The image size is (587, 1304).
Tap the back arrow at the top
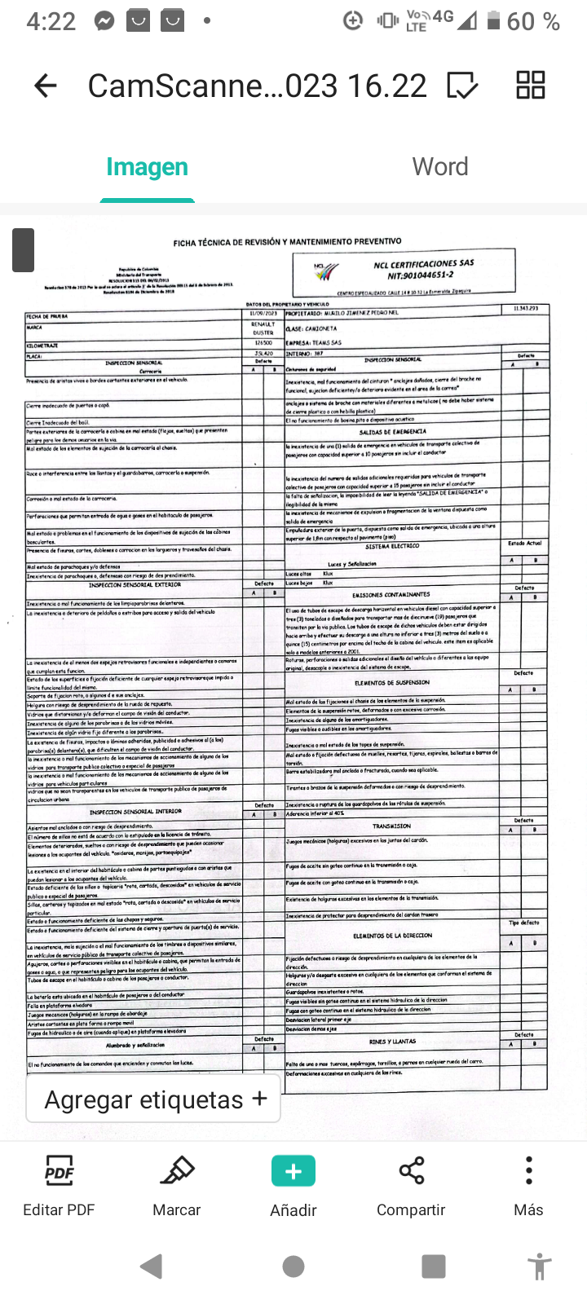pos(46,86)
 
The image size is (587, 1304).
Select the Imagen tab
pos(147,167)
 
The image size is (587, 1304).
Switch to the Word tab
pos(440,167)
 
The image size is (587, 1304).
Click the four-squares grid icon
pos(531,85)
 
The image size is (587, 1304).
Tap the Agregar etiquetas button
pos(155,1099)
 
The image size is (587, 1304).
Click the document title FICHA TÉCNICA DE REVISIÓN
pos(287,242)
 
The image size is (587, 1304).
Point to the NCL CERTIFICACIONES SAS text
pos(423,264)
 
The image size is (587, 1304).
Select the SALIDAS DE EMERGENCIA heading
pos(392,432)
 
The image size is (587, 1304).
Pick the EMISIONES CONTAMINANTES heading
pos(391,595)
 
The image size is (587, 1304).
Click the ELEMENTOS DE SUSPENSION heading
pos(391,683)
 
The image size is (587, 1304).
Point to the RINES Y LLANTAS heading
pos(392,1042)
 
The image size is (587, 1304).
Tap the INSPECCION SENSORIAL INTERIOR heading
pos(135,812)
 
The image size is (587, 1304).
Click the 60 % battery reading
pos(532,21)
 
